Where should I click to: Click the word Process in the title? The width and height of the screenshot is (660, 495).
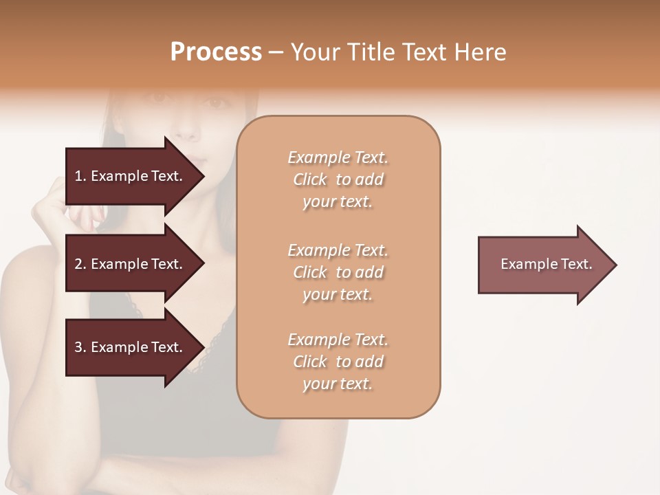pyautogui.click(x=216, y=52)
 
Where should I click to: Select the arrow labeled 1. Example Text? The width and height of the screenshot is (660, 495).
pyautogui.click(x=131, y=176)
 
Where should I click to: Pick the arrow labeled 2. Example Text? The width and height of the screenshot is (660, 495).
pyautogui.click(x=131, y=264)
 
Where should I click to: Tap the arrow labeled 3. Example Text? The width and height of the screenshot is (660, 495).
pyautogui.click(x=131, y=347)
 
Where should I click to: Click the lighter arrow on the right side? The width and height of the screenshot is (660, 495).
pyautogui.click(x=543, y=265)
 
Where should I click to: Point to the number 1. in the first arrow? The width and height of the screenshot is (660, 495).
pyautogui.click(x=80, y=176)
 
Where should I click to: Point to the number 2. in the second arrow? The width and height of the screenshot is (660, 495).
pyautogui.click(x=80, y=264)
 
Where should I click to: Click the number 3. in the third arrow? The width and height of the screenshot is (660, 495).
pyautogui.click(x=80, y=347)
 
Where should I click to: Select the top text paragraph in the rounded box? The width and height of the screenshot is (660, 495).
pyautogui.click(x=338, y=179)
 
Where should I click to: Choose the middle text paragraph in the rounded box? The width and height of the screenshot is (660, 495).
pyautogui.click(x=338, y=272)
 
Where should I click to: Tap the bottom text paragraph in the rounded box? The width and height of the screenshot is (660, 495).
pyautogui.click(x=338, y=362)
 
